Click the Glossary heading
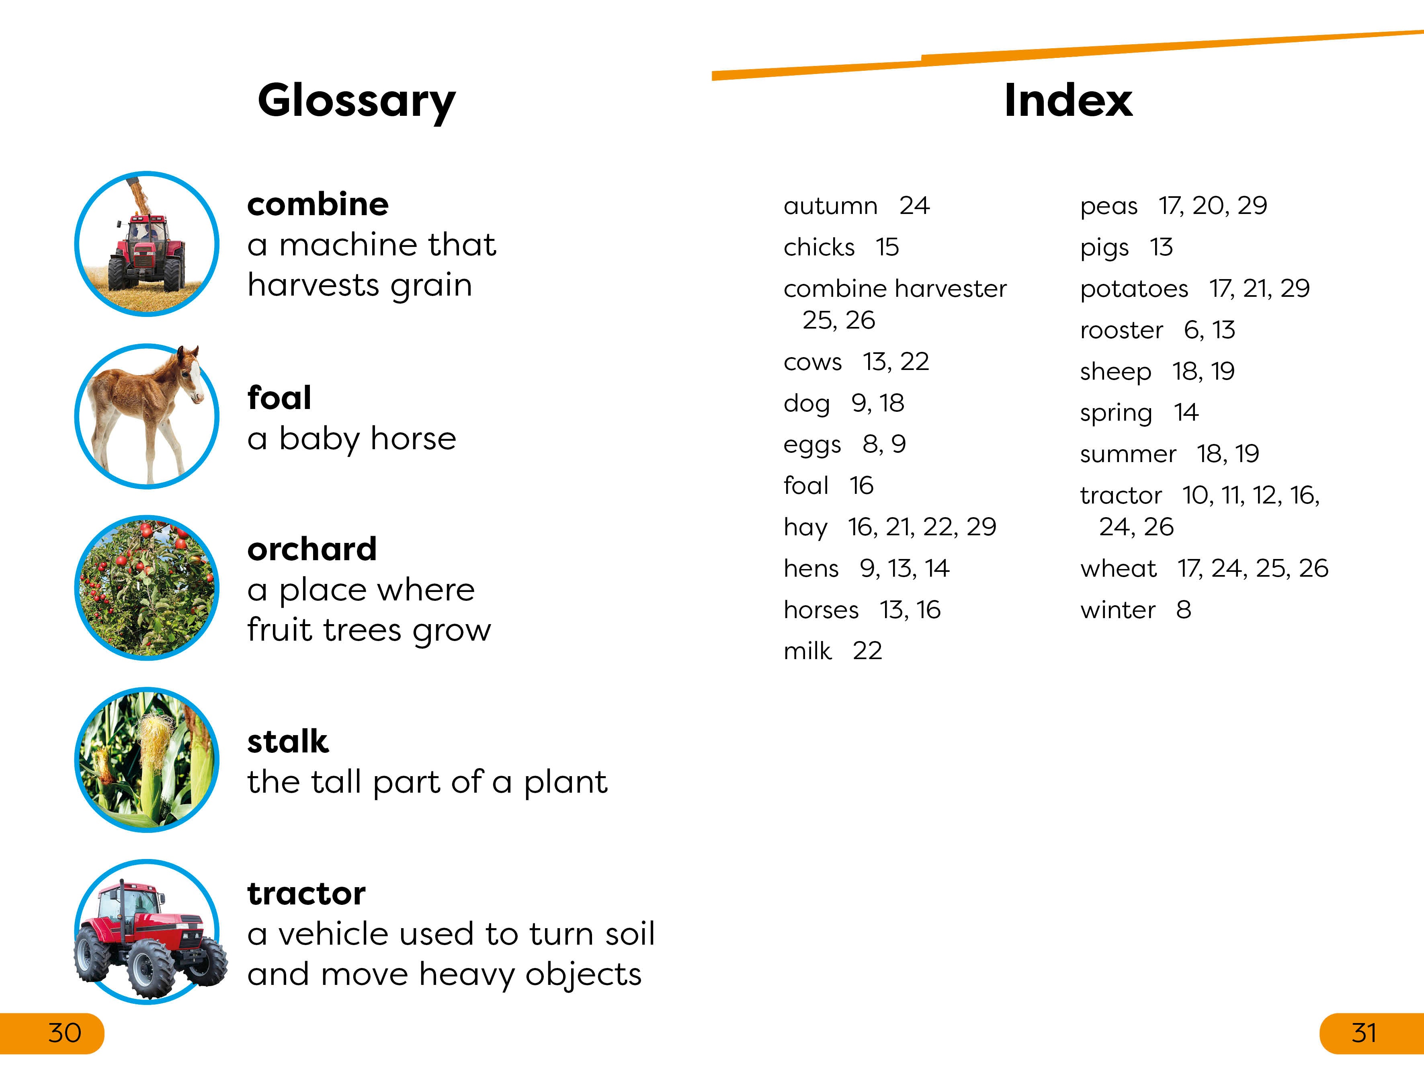tap(357, 102)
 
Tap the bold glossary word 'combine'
tap(318, 204)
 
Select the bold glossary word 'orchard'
tap(312, 549)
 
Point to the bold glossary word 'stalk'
tap(288, 741)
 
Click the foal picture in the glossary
tap(147, 416)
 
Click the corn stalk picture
tap(147, 759)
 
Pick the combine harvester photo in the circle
tap(147, 244)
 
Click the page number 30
tap(64, 1033)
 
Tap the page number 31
tap(1363, 1033)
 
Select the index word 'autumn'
tap(830, 206)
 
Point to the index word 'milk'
tap(807, 651)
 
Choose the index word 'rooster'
tap(1121, 330)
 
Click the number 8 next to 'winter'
tap(1183, 610)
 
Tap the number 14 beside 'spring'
tap(1186, 413)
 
